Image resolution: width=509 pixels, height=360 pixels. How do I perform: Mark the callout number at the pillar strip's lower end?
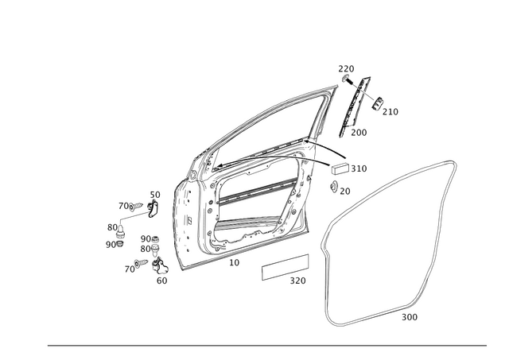tap(359, 133)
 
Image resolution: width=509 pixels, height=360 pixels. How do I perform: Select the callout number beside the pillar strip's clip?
tap(392, 112)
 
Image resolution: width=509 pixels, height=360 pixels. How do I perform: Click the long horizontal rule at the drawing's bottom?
tap(266, 345)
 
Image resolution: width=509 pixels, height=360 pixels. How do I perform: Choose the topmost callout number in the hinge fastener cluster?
tap(154, 193)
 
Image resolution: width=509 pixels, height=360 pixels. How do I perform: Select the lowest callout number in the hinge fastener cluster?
tap(162, 280)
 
